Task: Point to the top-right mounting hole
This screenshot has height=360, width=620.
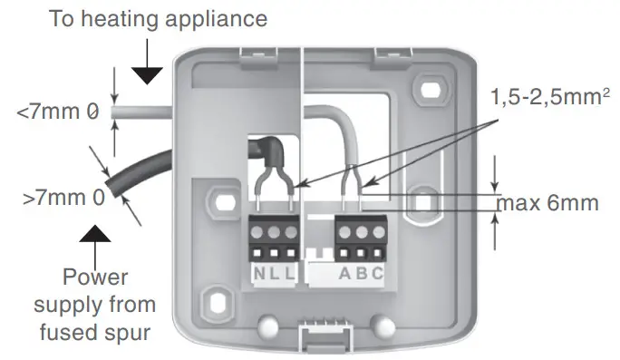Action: pyautogui.click(x=423, y=91)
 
